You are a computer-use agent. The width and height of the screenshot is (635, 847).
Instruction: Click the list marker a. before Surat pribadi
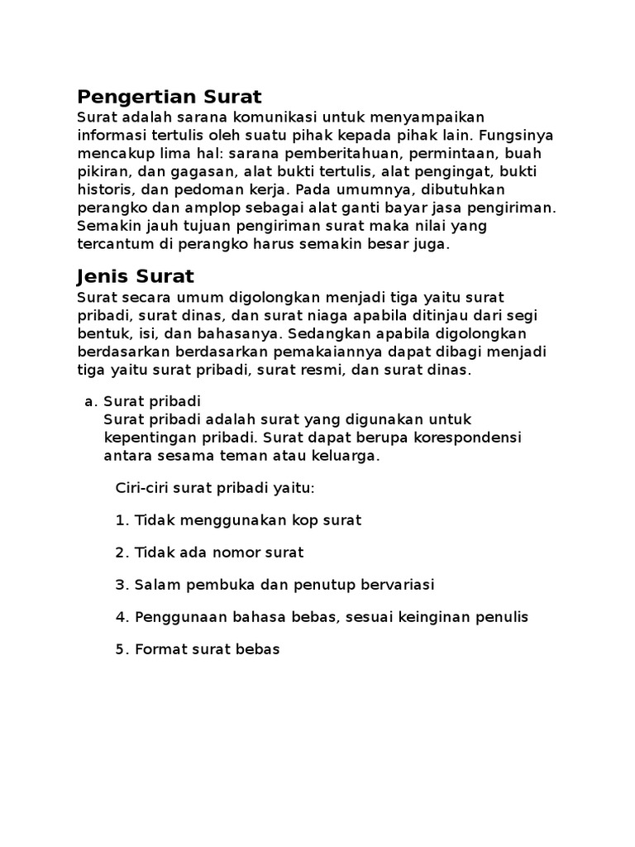[x=90, y=401]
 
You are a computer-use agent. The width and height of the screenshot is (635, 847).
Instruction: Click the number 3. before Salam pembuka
[x=122, y=585]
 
